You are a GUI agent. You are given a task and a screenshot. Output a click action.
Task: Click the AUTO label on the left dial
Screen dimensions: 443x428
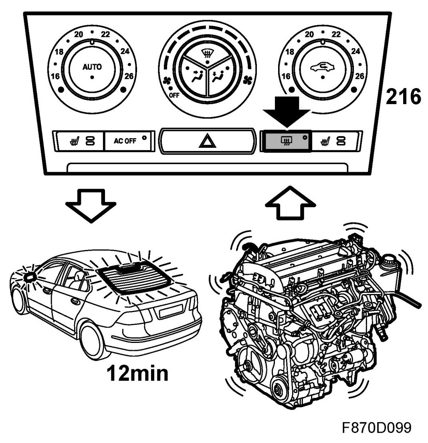[92, 67]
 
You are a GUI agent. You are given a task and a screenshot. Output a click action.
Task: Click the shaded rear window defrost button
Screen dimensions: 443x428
[285, 141]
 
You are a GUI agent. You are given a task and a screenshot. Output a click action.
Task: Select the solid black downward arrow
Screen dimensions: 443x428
[287, 113]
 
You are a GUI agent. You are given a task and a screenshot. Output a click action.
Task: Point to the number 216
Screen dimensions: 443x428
[403, 97]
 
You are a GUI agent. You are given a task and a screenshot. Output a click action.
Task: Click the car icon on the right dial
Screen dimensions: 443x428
[323, 67]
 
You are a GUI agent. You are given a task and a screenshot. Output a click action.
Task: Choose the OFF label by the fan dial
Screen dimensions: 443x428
[174, 96]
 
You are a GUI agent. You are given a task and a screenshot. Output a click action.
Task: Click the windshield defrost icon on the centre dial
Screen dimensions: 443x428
[207, 52]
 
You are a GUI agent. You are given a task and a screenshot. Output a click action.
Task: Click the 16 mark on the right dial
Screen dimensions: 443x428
[287, 75]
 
